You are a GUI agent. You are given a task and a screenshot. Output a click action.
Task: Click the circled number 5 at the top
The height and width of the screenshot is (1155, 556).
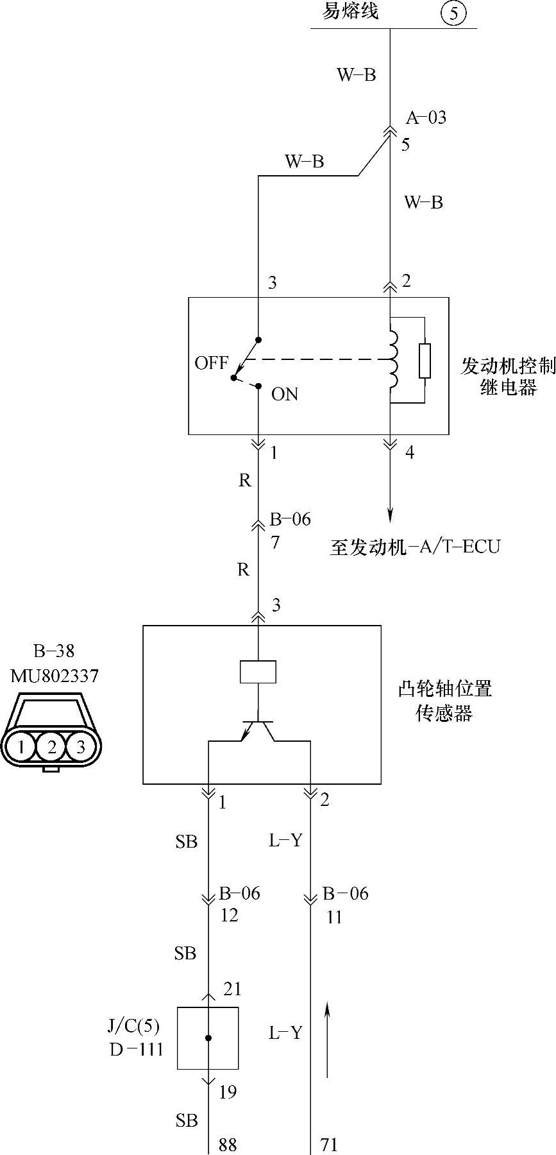(x=453, y=13)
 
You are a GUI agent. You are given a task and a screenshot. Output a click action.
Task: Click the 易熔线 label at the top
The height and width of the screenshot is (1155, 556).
(x=350, y=11)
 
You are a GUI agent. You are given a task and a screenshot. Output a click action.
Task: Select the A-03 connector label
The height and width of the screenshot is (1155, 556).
(x=426, y=117)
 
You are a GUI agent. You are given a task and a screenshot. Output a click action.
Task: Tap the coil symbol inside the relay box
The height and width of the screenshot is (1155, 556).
(x=392, y=359)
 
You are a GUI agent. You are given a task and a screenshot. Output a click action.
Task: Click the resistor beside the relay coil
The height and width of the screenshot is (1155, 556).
(x=424, y=361)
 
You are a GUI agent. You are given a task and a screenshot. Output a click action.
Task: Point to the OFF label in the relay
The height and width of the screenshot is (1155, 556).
(x=211, y=363)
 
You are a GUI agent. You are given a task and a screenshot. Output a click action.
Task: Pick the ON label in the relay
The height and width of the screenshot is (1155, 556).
(x=284, y=393)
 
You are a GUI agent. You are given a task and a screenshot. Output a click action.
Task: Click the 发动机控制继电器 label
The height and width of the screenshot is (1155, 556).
(x=507, y=376)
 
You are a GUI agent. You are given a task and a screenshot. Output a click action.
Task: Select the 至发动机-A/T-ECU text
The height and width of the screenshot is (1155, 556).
(x=414, y=547)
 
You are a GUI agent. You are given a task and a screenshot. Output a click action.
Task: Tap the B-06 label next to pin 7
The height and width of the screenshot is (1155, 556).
(x=290, y=519)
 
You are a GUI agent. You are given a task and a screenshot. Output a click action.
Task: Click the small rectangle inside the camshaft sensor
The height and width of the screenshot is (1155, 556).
(x=258, y=671)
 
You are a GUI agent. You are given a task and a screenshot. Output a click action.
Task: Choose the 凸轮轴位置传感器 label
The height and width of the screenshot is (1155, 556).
(x=444, y=701)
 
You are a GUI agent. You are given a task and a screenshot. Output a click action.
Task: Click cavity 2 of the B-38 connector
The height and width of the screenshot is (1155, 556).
(x=52, y=746)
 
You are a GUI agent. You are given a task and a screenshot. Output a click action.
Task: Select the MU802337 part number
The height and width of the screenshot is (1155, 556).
(x=55, y=676)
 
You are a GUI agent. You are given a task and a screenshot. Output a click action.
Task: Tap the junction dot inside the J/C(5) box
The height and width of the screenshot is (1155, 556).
(x=208, y=1038)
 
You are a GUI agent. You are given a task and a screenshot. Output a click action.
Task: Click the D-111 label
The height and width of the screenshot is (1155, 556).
(x=136, y=1049)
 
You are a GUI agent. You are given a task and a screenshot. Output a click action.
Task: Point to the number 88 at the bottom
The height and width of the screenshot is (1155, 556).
(x=228, y=1144)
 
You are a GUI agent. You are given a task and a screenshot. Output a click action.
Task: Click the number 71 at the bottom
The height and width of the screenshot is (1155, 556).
(x=328, y=1144)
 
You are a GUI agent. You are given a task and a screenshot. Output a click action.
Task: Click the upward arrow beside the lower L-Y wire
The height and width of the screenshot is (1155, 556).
(x=327, y=1039)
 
